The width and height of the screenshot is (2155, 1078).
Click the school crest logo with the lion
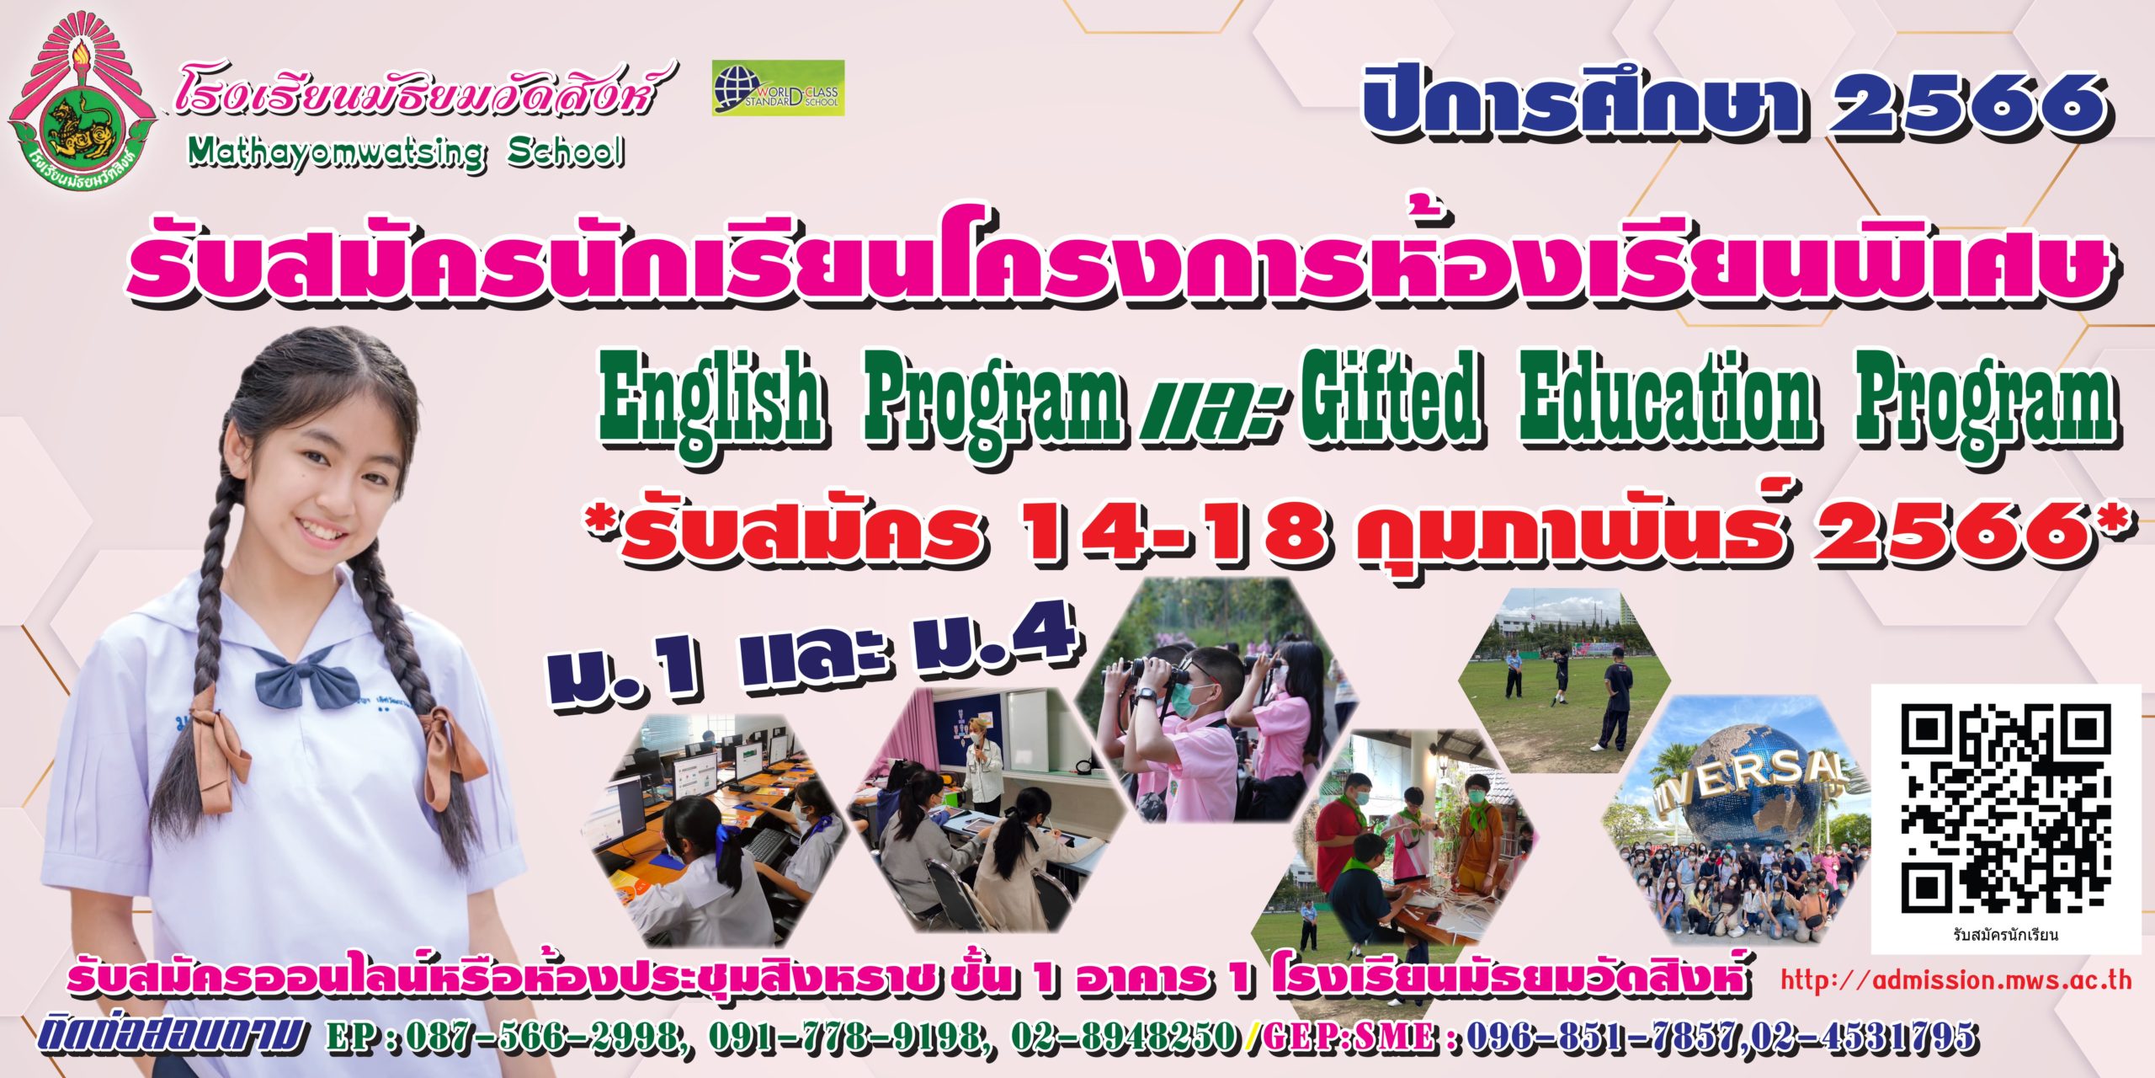tap(82, 99)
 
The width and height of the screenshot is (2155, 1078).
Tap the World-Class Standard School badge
tap(778, 88)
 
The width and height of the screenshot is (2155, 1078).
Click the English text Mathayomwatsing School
tap(407, 152)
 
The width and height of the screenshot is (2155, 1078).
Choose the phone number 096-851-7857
tap(1599, 1035)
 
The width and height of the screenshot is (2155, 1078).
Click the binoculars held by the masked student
tap(1149, 670)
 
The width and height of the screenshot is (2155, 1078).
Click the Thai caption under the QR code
tap(2005, 935)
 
